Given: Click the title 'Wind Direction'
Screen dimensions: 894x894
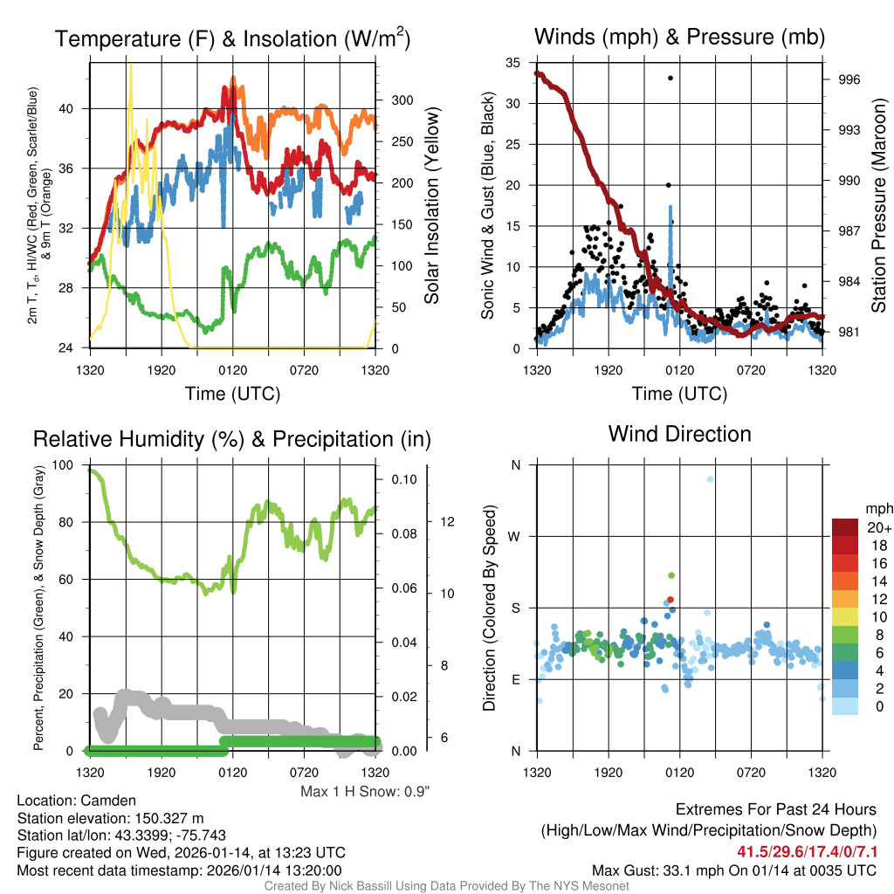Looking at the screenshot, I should pos(679,434).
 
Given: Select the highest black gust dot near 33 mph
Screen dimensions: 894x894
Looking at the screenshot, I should pos(670,78).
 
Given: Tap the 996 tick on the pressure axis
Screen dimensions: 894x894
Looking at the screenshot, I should pos(850,79).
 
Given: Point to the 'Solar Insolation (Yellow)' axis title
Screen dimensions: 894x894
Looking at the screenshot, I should pos(431,205).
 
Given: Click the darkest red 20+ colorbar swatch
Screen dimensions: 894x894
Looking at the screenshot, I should pos(846,527).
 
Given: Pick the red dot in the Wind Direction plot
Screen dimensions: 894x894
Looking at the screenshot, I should pos(670,600).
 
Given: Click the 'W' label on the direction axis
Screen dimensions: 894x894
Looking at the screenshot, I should pos(515,536).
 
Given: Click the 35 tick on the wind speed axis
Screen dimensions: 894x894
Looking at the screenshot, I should pos(513,62).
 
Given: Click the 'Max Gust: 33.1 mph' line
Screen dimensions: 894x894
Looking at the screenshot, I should pos(733,870).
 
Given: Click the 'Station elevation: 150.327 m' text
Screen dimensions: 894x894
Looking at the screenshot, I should pos(110,818).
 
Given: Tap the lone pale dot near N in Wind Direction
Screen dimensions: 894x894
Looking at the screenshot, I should pos(710,479).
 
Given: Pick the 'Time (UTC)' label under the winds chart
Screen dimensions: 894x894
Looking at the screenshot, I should pos(679,394).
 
